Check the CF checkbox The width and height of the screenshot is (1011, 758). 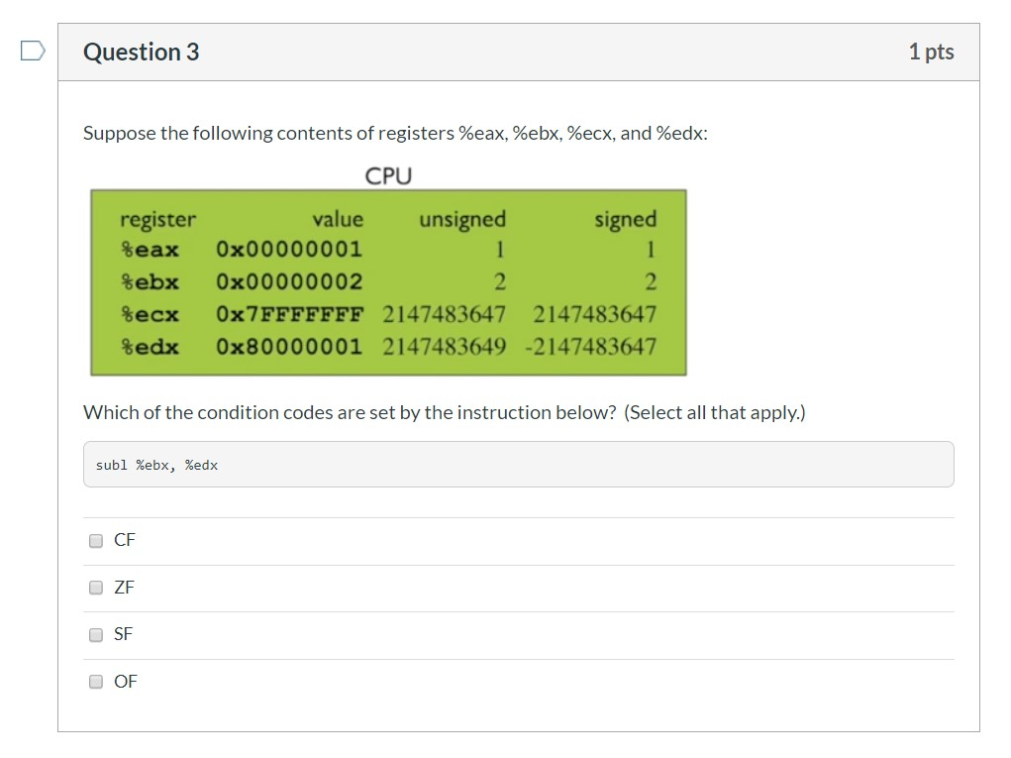point(96,541)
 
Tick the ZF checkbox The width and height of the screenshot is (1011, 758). point(96,588)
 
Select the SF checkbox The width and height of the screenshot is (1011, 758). point(96,635)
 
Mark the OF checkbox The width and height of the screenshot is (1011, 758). point(96,682)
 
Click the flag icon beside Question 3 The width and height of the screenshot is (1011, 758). point(33,51)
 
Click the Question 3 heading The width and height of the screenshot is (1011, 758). point(142,53)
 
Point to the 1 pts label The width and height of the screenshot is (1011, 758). point(931,53)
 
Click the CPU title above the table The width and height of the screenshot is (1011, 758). point(388,176)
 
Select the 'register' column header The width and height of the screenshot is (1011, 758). point(158,220)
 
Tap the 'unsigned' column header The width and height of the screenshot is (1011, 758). point(462,220)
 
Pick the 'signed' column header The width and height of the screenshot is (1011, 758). point(626,220)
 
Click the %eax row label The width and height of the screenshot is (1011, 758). point(150,250)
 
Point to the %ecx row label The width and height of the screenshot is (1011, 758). point(150,315)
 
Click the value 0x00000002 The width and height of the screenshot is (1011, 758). point(289,282)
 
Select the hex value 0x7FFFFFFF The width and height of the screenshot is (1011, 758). point(289,315)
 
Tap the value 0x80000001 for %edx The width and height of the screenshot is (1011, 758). point(289,347)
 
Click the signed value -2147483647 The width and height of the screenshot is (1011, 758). point(590,347)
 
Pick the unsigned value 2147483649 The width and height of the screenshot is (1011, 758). point(445,347)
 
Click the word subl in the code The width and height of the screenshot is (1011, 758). point(112,465)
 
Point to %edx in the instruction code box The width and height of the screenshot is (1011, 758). point(201,465)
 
